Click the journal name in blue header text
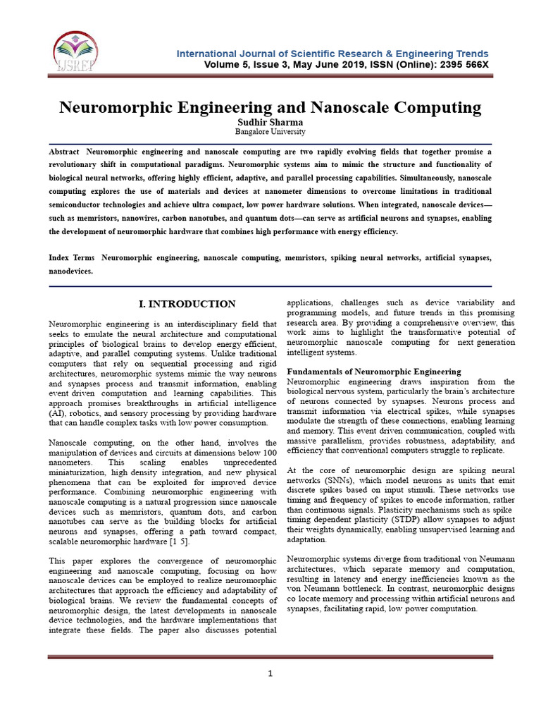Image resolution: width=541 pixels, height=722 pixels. pos(332,54)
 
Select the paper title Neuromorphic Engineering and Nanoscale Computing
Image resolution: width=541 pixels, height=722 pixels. pos(270,108)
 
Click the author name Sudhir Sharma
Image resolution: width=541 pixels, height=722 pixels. pos(270,122)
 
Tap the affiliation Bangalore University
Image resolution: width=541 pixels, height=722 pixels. pos(270,132)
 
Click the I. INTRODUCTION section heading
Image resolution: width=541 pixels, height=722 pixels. pos(187,304)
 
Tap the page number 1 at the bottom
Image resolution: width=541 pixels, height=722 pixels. pos(270,674)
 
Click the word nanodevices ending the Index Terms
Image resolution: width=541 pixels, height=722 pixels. pos(70,271)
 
